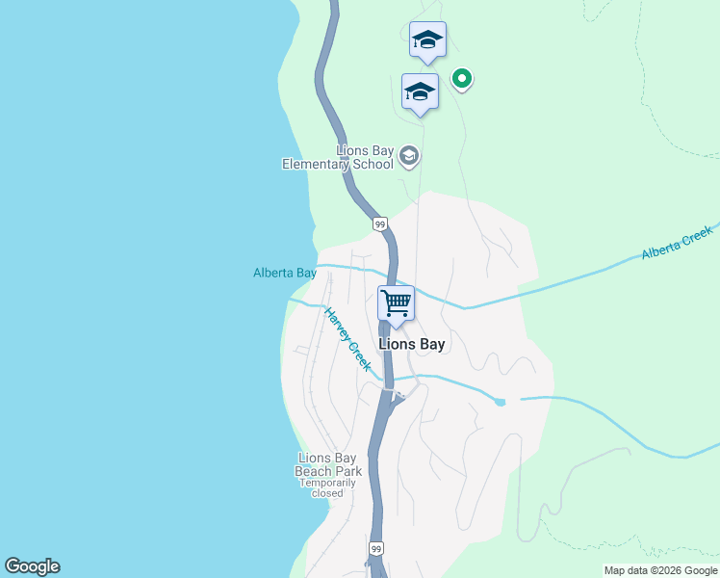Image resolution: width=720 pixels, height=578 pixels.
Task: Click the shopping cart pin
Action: coord(396,303)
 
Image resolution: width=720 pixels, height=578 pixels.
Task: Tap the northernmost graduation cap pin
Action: coord(427,40)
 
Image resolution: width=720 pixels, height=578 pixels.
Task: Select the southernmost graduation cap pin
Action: coord(420,92)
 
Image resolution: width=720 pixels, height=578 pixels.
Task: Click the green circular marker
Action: coord(462,78)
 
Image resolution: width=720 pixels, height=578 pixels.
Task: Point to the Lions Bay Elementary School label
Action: coord(338,157)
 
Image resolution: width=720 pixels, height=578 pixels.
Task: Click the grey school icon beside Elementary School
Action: coord(409,156)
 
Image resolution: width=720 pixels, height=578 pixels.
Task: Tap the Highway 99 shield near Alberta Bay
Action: coord(380,224)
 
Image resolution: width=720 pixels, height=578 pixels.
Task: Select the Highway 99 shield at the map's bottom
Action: coord(374,547)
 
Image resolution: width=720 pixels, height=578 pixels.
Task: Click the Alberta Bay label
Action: coord(285,273)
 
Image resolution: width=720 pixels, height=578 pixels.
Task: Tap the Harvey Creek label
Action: coord(347,339)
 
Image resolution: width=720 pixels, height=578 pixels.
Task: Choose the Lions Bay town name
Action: coord(412,344)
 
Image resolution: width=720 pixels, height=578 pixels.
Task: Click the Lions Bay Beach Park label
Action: coord(329,464)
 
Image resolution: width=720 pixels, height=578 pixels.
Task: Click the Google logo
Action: coord(32,566)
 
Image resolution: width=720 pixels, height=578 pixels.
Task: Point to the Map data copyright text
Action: coord(660,570)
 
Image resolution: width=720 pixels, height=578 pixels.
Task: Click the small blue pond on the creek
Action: coord(500,401)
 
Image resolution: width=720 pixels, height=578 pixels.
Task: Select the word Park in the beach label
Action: coord(347,471)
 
